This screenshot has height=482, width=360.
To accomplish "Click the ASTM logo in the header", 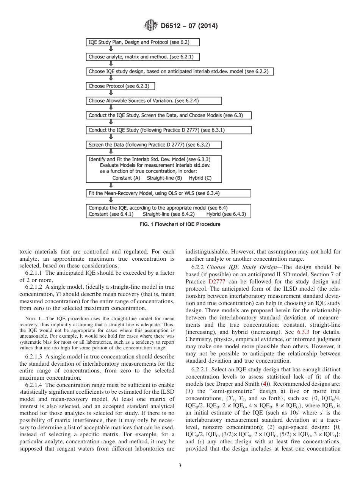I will click(150, 26).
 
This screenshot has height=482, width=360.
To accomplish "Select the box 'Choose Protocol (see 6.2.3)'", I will click(121, 86).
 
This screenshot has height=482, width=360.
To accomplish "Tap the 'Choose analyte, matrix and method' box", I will click(142, 57).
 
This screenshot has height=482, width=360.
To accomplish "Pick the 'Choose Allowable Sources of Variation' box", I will click(153, 101).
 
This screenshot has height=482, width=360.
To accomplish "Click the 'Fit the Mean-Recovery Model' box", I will click(168, 193).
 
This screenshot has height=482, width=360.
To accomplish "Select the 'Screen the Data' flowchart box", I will click(153, 145).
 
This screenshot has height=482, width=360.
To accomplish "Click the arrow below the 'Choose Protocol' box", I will click(111, 93).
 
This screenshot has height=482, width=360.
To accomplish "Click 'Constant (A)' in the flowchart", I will click(127, 177).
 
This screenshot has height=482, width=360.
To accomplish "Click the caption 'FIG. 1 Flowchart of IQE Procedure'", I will click(180, 224).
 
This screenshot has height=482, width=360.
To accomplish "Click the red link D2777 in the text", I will click(216, 282).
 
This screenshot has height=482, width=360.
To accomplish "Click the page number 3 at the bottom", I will click(180, 466).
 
